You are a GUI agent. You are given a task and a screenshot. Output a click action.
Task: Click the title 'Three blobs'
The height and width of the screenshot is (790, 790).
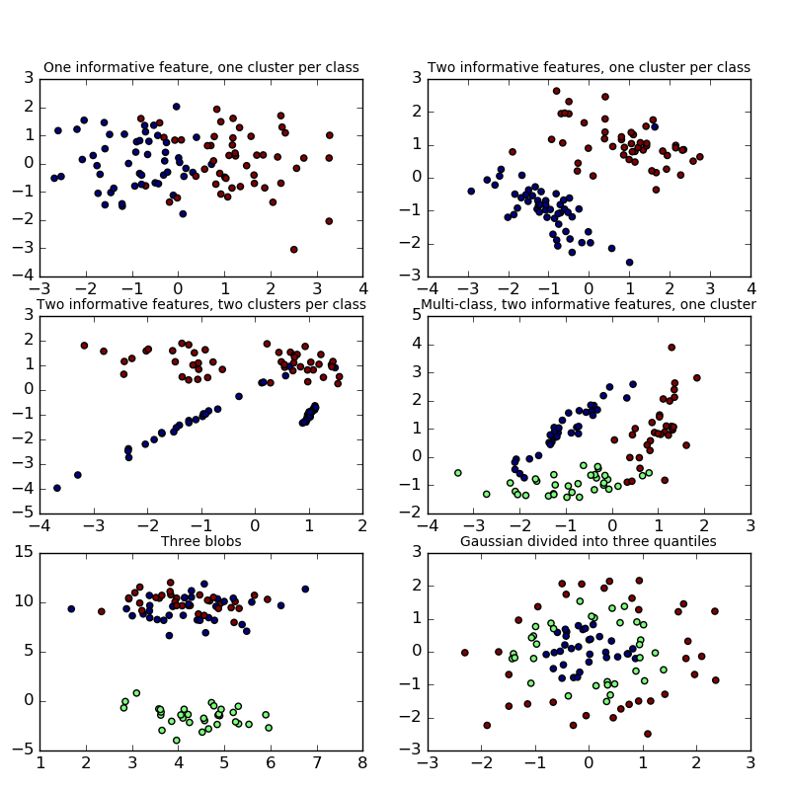coord(201,541)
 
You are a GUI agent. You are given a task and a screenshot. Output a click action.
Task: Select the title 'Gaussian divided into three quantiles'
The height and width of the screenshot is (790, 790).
coord(589,541)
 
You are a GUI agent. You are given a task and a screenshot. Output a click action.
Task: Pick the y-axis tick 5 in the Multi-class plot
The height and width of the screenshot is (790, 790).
coord(414,316)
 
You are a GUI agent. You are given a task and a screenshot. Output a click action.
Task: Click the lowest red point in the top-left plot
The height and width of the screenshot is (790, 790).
coord(293,249)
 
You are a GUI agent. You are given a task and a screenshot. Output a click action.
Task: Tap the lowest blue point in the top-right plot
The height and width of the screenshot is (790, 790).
coord(629,262)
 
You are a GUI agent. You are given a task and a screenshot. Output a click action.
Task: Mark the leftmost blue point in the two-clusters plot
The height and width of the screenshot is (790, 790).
coord(56,488)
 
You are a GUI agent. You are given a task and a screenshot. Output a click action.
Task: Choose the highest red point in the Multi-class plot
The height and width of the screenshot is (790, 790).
coord(671,348)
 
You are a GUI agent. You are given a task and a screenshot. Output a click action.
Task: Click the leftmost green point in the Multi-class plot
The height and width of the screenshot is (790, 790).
coord(457,473)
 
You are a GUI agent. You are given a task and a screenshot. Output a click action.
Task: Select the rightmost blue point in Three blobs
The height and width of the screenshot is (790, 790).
coord(305,589)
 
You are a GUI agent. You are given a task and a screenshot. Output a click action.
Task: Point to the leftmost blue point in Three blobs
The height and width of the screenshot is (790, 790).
coord(71,608)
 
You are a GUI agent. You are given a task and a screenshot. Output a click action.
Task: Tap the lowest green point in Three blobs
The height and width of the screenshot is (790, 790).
coord(177,740)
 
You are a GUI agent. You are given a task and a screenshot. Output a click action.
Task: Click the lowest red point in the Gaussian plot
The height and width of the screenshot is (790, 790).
coord(648,734)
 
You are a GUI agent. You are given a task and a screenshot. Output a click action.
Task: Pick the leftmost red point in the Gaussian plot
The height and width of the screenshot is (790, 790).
coord(464,652)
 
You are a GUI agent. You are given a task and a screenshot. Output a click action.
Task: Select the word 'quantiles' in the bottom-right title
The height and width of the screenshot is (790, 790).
coord(686,541)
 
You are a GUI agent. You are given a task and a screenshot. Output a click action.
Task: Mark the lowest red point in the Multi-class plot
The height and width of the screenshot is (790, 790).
coord(665,480)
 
